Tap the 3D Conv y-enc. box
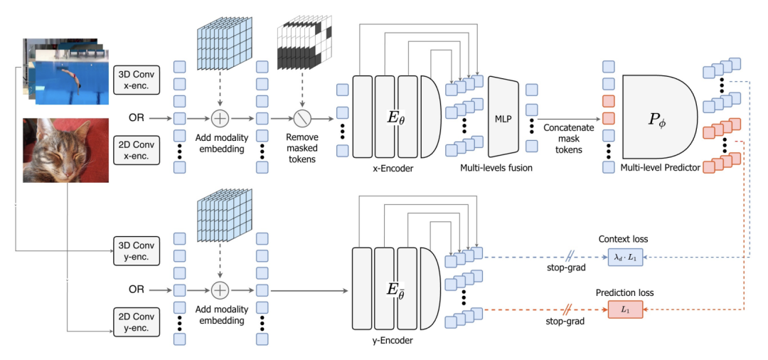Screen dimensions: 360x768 (136, 249)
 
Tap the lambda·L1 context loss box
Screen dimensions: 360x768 (625, 258)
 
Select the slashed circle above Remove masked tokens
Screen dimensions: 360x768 (302, 117)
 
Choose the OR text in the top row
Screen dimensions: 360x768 (138, 117)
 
